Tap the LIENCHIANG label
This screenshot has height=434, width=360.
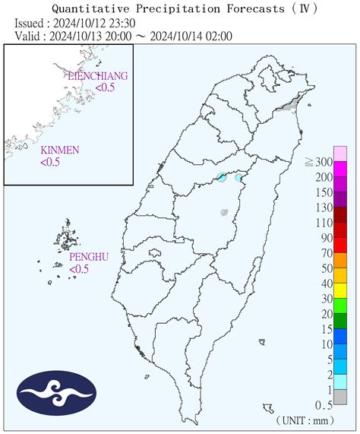(97, 77)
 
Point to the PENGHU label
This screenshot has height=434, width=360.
(87, 258)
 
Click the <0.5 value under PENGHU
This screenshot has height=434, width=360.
(80, 269)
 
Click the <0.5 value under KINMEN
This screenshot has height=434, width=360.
(51, 161)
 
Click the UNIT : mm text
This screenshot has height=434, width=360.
(317, 420)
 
